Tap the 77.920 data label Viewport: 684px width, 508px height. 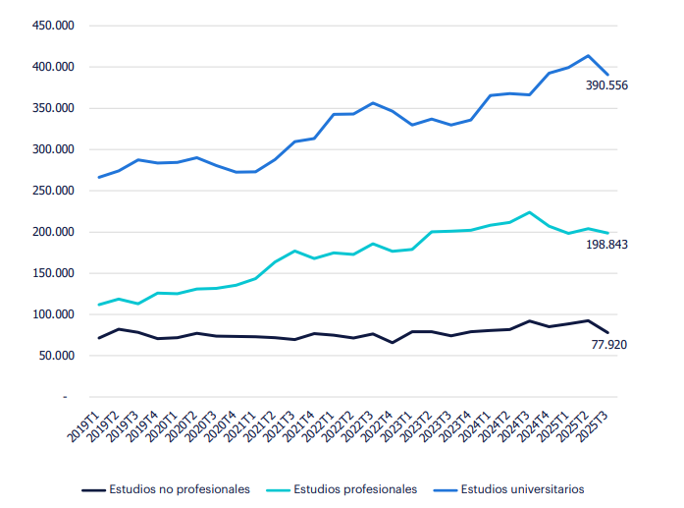click(x=609, y=344)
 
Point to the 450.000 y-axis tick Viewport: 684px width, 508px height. click(x=54, y=26)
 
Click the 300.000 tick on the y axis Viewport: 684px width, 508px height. click(x=54, y=149)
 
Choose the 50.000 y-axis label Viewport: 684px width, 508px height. click(x=57, y=356)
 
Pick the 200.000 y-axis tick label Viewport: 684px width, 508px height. click(x=54, y=232)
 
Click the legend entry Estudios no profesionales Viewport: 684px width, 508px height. click(x=179, y=488)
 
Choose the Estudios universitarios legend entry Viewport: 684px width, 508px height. click(x=522, y=488)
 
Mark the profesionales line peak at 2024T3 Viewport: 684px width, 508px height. click(x=530, y=212)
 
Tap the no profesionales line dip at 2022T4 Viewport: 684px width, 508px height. click(x=393, y=343)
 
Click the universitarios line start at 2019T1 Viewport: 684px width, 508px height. click(x=99, y=178)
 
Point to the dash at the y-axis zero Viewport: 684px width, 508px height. click(x=65, y=397)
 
